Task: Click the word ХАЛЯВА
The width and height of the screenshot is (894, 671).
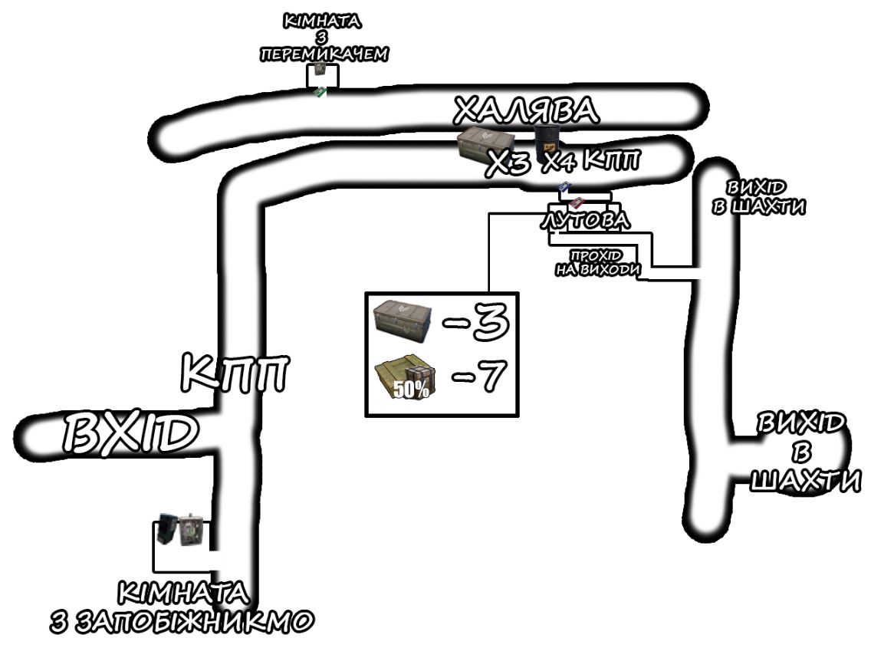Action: point(526,110)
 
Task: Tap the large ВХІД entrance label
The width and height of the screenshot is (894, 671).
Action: point(130,433)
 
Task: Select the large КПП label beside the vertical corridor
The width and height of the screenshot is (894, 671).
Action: point(235,373)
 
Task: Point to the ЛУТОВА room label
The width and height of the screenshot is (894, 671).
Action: point(585,220)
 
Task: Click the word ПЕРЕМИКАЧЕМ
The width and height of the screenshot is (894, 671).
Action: point(324,54)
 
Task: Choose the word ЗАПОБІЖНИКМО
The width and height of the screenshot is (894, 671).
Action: point(195,621)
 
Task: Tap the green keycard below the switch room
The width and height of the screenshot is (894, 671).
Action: point(320,91)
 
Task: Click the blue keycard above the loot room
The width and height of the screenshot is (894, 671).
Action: point(564,188)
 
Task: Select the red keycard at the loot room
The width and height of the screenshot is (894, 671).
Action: point(577,202)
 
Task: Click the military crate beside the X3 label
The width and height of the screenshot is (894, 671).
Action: point(485,143)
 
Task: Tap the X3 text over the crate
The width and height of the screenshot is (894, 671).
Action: point(508,164)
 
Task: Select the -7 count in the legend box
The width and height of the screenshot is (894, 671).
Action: point(478,376)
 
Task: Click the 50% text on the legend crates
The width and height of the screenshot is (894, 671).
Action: point(411,390)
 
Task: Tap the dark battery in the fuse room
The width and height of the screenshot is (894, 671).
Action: point(168,528)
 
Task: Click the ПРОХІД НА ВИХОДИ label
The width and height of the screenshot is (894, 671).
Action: point(597,263)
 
